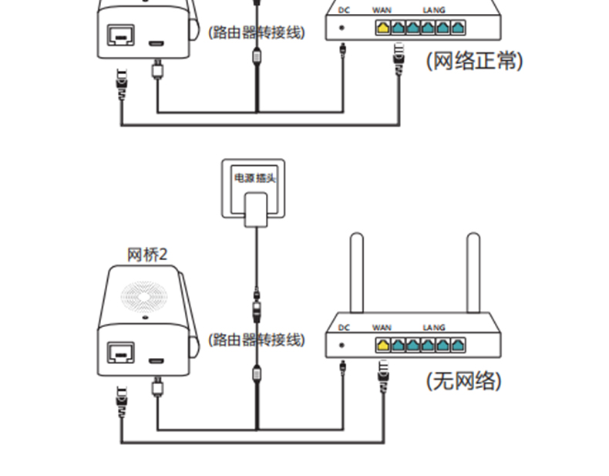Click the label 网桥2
(147, 255)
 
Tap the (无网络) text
(463, 380)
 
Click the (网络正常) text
(474, 61)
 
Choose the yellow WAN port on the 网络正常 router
(382, 27)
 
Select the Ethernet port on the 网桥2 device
(121, 354)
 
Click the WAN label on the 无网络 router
(382, 327)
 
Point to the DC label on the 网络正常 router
(344, 10)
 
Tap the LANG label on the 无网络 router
(434, 327)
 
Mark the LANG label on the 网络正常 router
(434, 10)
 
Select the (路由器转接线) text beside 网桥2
(256, 339)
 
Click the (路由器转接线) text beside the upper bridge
(256, 32)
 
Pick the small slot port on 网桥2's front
(156, 360)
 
